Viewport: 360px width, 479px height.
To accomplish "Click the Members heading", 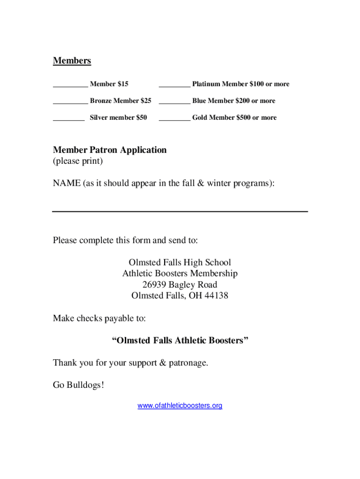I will pyautogui.click(x=72, y=61).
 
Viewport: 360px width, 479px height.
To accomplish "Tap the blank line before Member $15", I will pyautogui.click(x=70, y=86).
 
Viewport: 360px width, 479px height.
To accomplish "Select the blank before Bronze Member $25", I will pyautogui.click(x=70, y=103).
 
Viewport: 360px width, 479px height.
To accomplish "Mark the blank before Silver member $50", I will pyautogui.click(x=69, y=120).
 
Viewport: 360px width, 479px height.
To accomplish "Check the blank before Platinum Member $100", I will pyautogui.click(x=174, y=86).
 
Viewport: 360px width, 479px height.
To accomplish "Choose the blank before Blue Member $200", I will pyautogui.click(x=174, y=103).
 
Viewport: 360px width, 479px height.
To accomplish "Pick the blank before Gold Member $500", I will pyautogui.click(x=174, y=120).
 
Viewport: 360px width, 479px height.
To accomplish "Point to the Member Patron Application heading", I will pyautogui.click(x=110, y=150).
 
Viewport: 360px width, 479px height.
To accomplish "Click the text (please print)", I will pyautogui.click(x=78, y=161).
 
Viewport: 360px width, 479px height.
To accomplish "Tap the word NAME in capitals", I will pyautogui.click(x=67, y=184).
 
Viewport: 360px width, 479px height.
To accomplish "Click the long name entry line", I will pyautogui.click(x=180, y=211).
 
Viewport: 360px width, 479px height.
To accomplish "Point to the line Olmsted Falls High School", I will pyautogui.click(x=180, y=263).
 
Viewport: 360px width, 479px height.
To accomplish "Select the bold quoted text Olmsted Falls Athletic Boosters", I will pyautogui.click(x=180, y=341).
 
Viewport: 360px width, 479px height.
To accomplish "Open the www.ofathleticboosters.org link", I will pyautogui.click(x=180, y=406).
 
